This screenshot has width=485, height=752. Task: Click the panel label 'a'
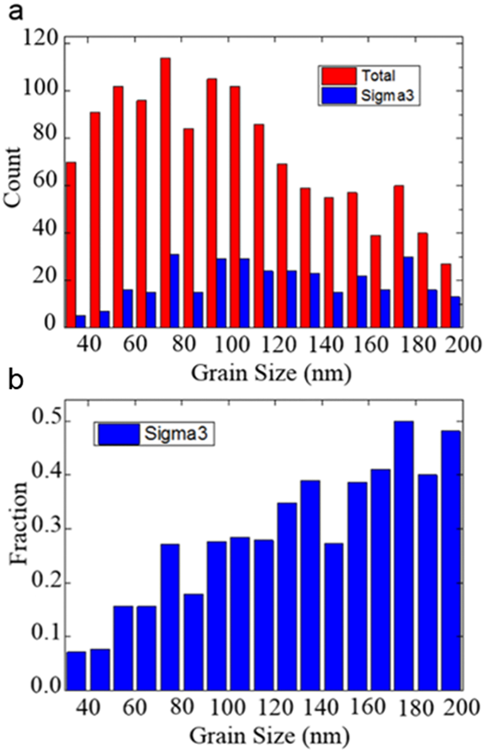[x=14, y=13]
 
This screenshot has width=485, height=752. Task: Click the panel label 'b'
[x=14, y=377]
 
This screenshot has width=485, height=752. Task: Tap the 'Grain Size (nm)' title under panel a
[x=263, y=372]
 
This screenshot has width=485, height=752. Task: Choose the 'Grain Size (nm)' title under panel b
[x=263, y=735]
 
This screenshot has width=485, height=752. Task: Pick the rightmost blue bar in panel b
[x=451, y=560]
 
